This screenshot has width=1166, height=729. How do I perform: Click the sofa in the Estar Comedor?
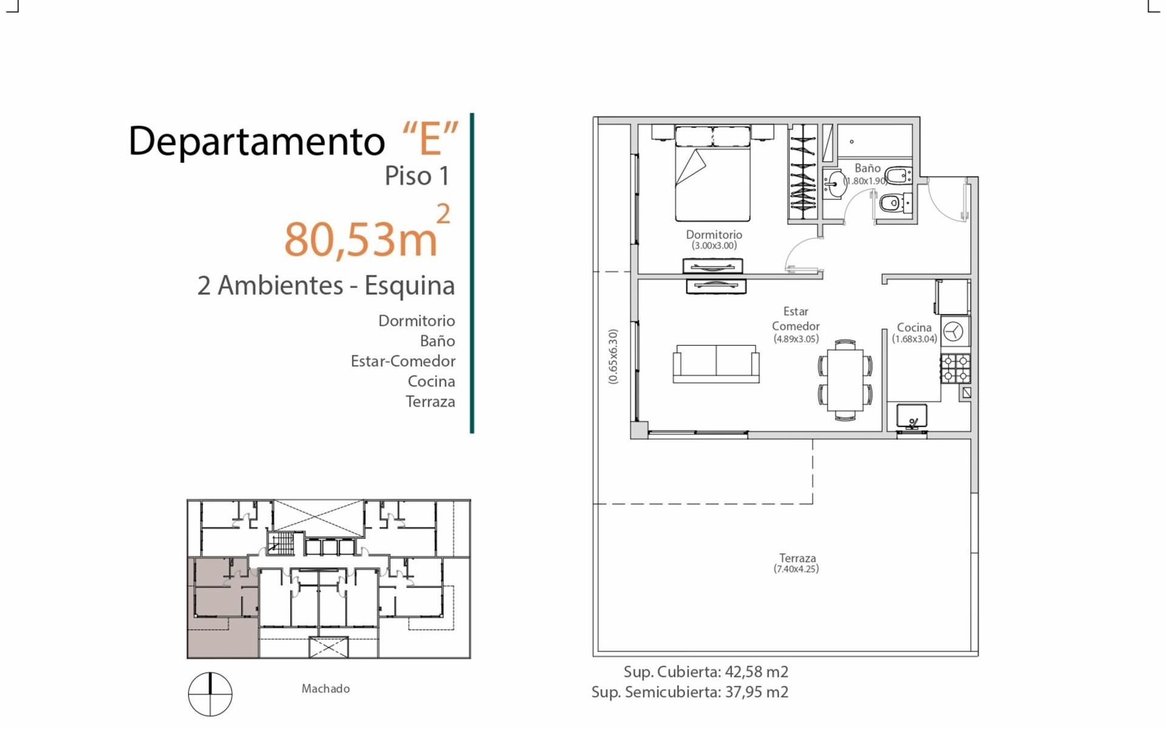coord(716,364)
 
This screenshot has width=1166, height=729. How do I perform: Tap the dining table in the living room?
coord(845,380)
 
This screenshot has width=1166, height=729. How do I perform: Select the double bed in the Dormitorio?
coord(713,174)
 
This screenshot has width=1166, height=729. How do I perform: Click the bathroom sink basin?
coord(834,183)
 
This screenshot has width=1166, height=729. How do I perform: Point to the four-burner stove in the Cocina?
coord(955,369)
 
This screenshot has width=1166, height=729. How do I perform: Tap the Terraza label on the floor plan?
coord(797,558)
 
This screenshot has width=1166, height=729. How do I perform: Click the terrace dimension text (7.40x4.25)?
coord(796,569)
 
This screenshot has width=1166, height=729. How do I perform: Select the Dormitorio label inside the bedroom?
coord(714,234)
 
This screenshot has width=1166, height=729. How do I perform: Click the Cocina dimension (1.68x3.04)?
coord(915,339)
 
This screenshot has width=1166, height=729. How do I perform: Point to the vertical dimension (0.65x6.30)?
coord(613,357)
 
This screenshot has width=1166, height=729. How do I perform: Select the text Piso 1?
coord(417,176)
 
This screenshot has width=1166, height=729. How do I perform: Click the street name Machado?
coord(326,688)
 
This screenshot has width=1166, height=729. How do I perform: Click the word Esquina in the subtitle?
coord(410,286)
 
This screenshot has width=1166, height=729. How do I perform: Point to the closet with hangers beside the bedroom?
coord(802,172)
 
